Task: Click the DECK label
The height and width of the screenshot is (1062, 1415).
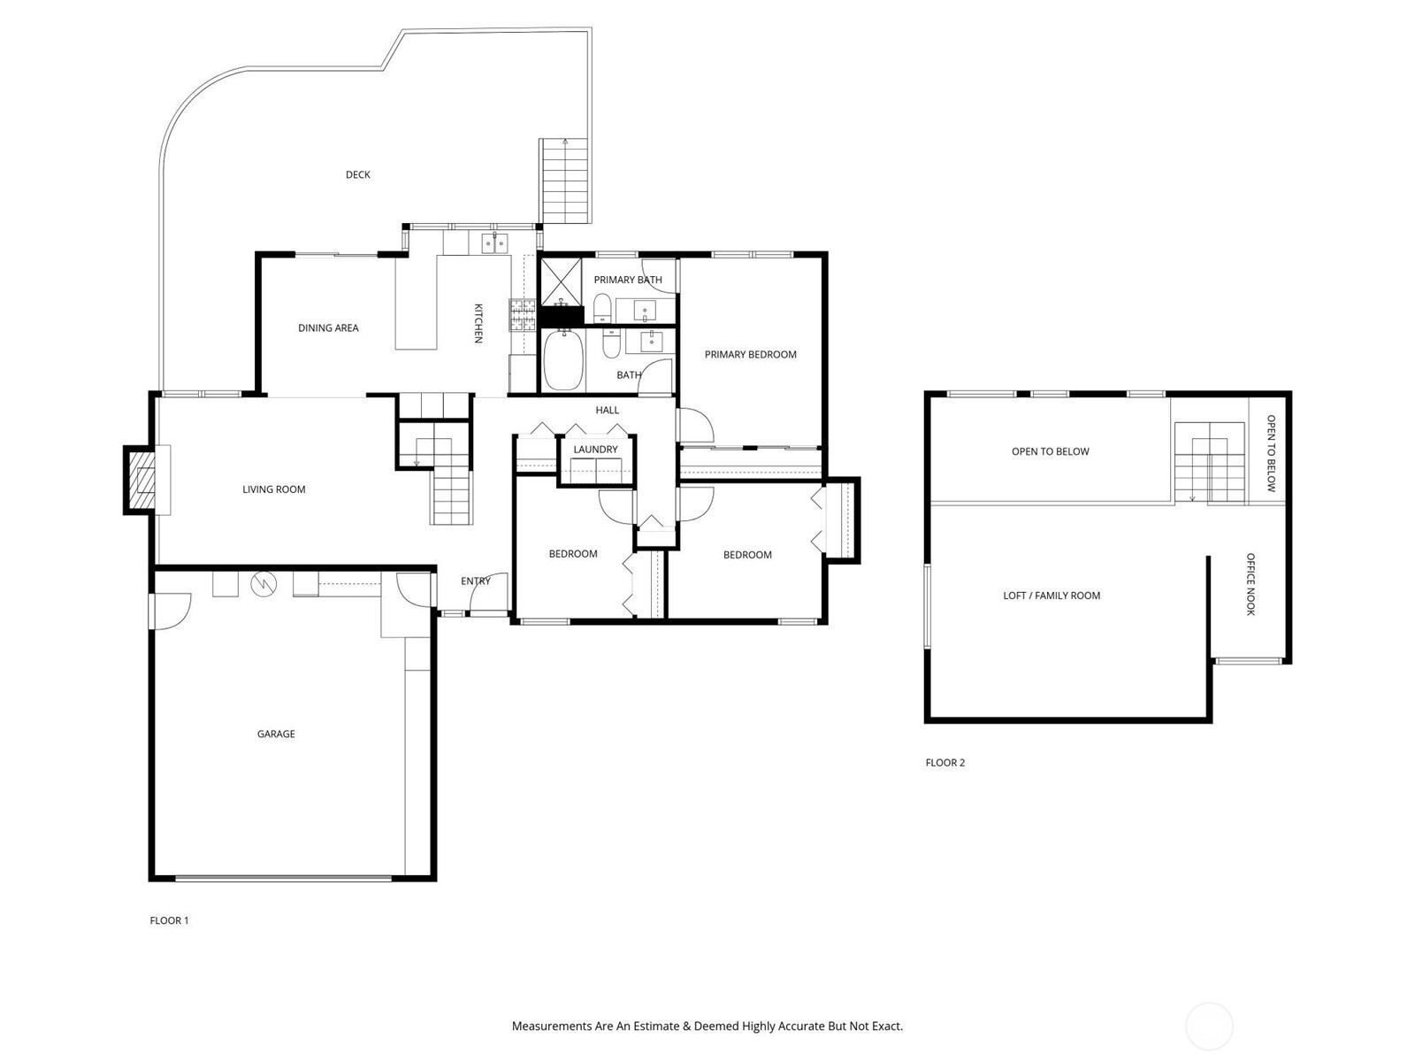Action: tap(358, 174)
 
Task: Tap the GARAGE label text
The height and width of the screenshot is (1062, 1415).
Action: tap(276, 734)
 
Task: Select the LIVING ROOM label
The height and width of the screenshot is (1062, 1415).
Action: tap(274, 489)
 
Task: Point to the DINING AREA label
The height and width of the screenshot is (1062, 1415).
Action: tap(328, 328)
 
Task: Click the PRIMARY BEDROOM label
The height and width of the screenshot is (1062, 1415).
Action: tap(750, 355)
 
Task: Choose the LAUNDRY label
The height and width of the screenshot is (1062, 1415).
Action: tap(596, 450)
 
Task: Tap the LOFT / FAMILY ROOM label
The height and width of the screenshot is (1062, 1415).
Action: tap(1052, 596)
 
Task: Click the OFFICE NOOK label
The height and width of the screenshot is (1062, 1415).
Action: tap(1251, 584)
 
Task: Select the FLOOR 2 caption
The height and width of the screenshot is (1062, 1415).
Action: tap(945, 763)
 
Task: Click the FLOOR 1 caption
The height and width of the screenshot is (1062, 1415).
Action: tap(169, 920)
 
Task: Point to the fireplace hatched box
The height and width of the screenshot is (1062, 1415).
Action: tap(141, 481)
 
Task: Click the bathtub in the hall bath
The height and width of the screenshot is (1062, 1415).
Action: tap(564, 360)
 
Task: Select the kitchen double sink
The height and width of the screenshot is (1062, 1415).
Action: tap(494, 243)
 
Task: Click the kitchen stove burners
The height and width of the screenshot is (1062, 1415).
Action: tap(522, 315)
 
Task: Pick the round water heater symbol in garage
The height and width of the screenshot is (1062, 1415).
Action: tap(263, 584)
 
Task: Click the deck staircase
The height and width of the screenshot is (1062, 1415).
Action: tap(565, 181)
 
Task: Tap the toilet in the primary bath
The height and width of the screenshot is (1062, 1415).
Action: tap(601, 308)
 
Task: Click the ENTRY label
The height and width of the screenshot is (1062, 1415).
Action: tap(476, 581)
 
